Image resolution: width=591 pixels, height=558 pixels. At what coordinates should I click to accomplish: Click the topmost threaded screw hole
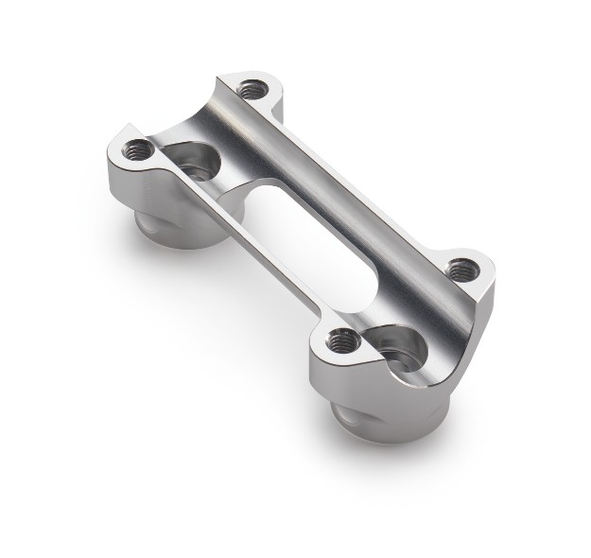click(x=251, y=91)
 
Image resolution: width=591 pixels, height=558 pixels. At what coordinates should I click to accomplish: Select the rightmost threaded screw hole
click(x=461, y=268)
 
